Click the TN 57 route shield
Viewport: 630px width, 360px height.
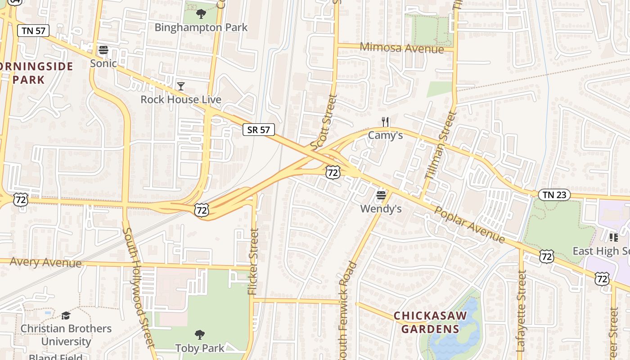[x=33, y=31]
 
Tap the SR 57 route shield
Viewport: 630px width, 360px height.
[x=259, y=130]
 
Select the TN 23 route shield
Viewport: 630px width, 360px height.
[x=554, y=195]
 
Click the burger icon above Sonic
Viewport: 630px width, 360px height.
[x=103, y=50]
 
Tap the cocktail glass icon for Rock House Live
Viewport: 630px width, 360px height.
[x=181, y=86]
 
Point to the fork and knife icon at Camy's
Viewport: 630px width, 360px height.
[x=385, y=122]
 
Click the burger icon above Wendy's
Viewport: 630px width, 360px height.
[x=381, y=196]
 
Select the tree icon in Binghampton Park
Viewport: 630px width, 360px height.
[x=201, y=14]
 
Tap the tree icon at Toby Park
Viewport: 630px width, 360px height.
[x=200, y=335]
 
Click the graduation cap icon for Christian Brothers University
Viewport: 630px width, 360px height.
[x=66, y=315]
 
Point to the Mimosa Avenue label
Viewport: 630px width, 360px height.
[x=402, y=48]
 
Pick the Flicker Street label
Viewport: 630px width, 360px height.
[x=254, y=262]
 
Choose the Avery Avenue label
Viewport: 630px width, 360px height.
[x=45, y=262]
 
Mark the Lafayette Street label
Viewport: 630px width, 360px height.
[x=521, y=310]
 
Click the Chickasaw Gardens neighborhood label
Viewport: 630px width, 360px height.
[x=430, y=322]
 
